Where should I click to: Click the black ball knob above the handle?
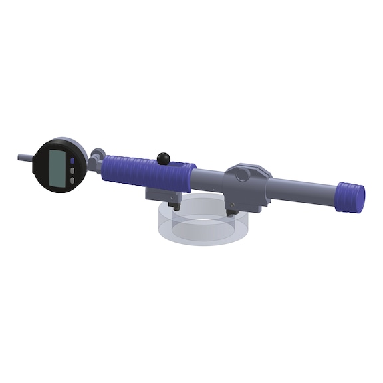pyautogui.click(x=163, y=158)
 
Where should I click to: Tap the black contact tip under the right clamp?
pyautogui.click(x=232, y=212)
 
